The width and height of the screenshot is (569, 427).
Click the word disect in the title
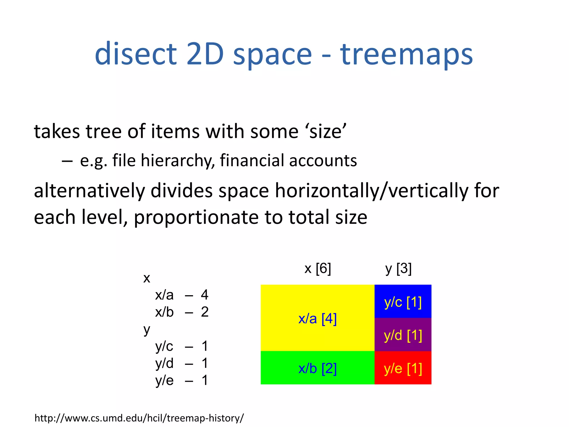(x=136, y=54)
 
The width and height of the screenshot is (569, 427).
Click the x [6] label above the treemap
(x=318, y=269)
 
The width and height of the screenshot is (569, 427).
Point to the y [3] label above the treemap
(x=398, y=269)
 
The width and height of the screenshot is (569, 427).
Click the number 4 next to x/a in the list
(x=205, y=295)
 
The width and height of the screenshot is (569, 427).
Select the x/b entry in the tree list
(x=164, y=312)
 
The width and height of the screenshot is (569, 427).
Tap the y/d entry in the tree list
(x=164, y=363)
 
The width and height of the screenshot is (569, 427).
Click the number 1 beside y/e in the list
(x=205, y=380)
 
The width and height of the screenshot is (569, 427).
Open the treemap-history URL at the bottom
(x=139, y=418)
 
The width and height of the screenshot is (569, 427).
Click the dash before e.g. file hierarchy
(x=67, y=161)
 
